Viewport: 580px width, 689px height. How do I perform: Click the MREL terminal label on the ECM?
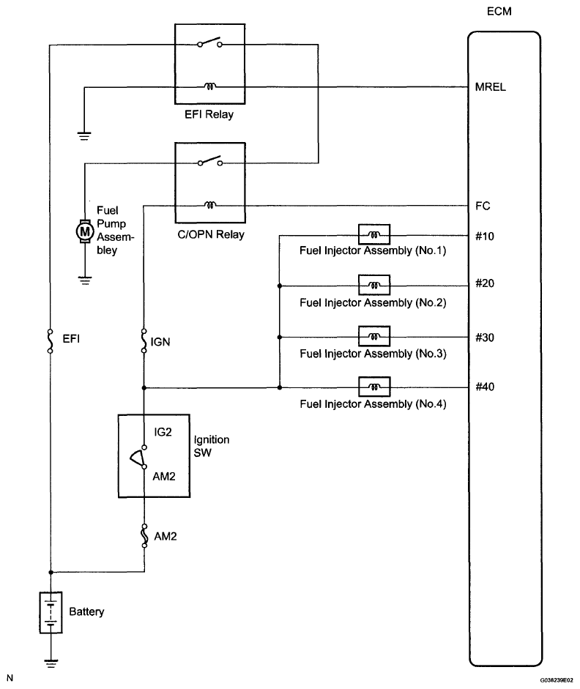(x=490, y=87)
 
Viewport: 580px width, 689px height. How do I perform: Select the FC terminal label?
(x=483, y=206)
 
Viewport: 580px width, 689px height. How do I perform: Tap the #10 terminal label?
(x=485, y=237)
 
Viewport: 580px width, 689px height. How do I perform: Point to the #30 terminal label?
(x=485, y=338)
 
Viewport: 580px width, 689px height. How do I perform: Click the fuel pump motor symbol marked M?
(x=84, y=231)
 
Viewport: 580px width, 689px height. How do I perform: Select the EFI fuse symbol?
(x=50, y=341)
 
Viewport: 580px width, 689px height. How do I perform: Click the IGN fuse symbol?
(x=144, y=341)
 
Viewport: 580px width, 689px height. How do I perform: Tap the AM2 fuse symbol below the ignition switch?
(x=144, y=536)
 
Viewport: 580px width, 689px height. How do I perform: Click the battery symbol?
(x=51, y=613)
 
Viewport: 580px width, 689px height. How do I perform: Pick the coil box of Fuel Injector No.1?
(x=374, y=234)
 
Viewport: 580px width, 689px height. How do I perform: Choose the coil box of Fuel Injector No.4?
(x=374, y=387)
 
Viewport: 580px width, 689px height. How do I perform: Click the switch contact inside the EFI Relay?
(x=210, y=42)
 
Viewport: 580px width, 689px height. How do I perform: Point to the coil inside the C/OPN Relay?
(x=210, y=205)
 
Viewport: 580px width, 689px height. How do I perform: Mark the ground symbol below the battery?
(x=51, y=663)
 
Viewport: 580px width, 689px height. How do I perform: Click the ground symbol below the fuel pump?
(x=85, y=280)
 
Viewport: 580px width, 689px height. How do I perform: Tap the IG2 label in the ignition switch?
(x=163, y=432)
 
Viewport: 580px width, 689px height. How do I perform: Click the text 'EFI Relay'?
(x=209, y=114)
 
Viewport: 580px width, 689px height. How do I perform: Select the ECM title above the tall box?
(x=499, y=12)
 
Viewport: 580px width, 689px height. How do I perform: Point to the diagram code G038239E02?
(x=557, y=679)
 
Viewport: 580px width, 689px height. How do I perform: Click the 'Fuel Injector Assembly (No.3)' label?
(x=373, y=354)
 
